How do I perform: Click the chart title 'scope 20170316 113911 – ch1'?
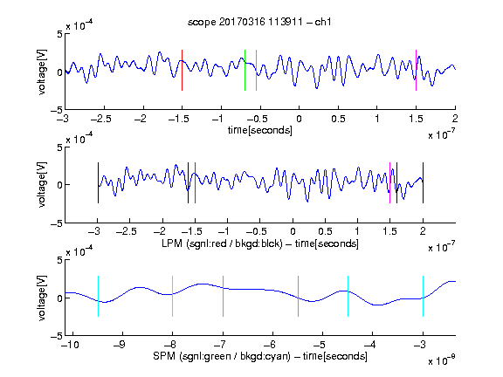(x=259, y=22)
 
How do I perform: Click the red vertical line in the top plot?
(x=182, y=70)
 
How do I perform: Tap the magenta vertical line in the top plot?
(x=416, y=70)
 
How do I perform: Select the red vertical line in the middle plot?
(x=195, y=182)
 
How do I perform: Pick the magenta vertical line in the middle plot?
(x=389, y=182)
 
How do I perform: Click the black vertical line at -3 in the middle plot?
(x=98, y=182)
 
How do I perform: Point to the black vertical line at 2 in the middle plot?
(x=423, y=182)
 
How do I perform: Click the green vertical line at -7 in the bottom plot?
(x=223, y=296)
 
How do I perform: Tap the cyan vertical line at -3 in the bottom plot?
(x=423, y=296)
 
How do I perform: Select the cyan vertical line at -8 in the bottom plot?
(x=173, y=296)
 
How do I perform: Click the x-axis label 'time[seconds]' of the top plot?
(x=260, y=131)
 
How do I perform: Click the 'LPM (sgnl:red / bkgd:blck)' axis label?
(x=222, y=243)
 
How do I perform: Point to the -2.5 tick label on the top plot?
(x=100, y=119)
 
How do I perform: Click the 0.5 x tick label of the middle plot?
(x=325, y=231)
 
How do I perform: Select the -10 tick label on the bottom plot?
(x=70, y=345)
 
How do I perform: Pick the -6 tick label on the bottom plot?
(x=270, y=345)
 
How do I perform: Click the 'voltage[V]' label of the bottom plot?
(x=42, y=298)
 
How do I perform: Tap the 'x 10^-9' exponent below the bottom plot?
(x=442, y=360)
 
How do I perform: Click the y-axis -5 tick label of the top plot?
(x=57, y=110)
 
